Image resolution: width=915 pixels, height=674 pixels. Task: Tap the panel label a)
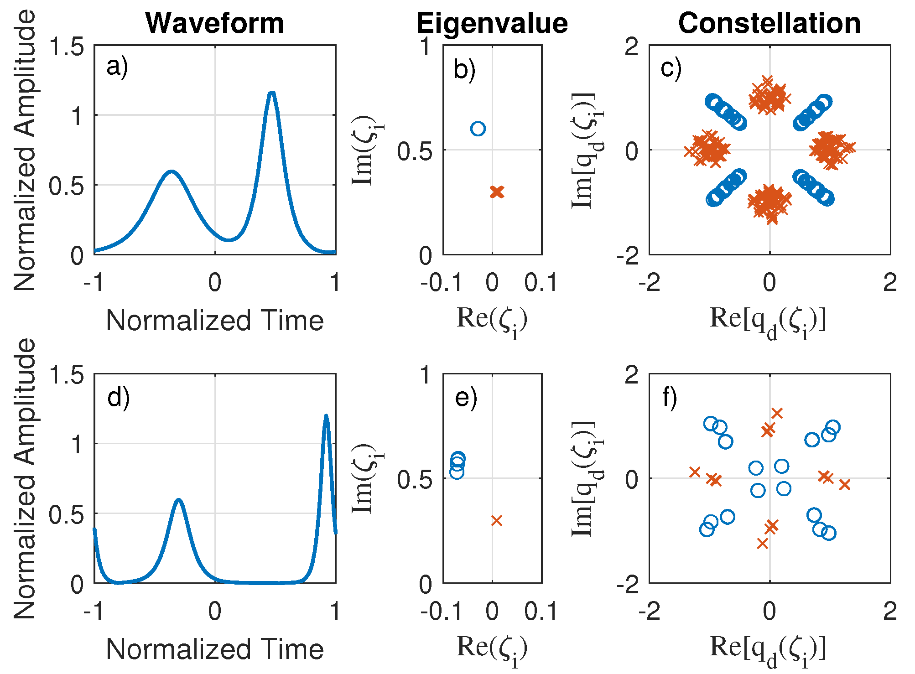coord(117,67)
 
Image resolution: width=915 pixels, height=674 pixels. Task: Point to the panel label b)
coord(464,70)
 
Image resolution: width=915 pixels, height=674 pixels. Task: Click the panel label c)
coord(671,68)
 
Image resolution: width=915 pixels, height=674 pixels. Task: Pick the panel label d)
coord(118,397)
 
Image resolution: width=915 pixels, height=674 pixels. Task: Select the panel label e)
coord(466,397)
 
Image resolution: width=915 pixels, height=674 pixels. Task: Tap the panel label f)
coord(670,397)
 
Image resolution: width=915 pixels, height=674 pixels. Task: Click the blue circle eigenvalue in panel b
coord(478,129)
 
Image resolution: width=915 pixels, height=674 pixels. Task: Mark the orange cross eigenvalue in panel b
coord(497,192)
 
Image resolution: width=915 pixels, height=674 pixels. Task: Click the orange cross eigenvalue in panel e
coord(497,520)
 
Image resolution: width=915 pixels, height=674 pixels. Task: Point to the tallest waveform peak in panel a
coord(272,93)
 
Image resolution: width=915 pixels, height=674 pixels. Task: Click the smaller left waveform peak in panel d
coord(179,500)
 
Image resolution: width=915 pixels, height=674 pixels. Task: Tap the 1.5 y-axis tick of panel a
coord(67,47)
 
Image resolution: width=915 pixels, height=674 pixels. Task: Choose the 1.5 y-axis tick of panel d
coord(67,375)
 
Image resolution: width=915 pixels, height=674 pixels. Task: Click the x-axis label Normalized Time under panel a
coord(215,321)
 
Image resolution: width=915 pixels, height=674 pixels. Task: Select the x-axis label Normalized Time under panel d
coord(215,649)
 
